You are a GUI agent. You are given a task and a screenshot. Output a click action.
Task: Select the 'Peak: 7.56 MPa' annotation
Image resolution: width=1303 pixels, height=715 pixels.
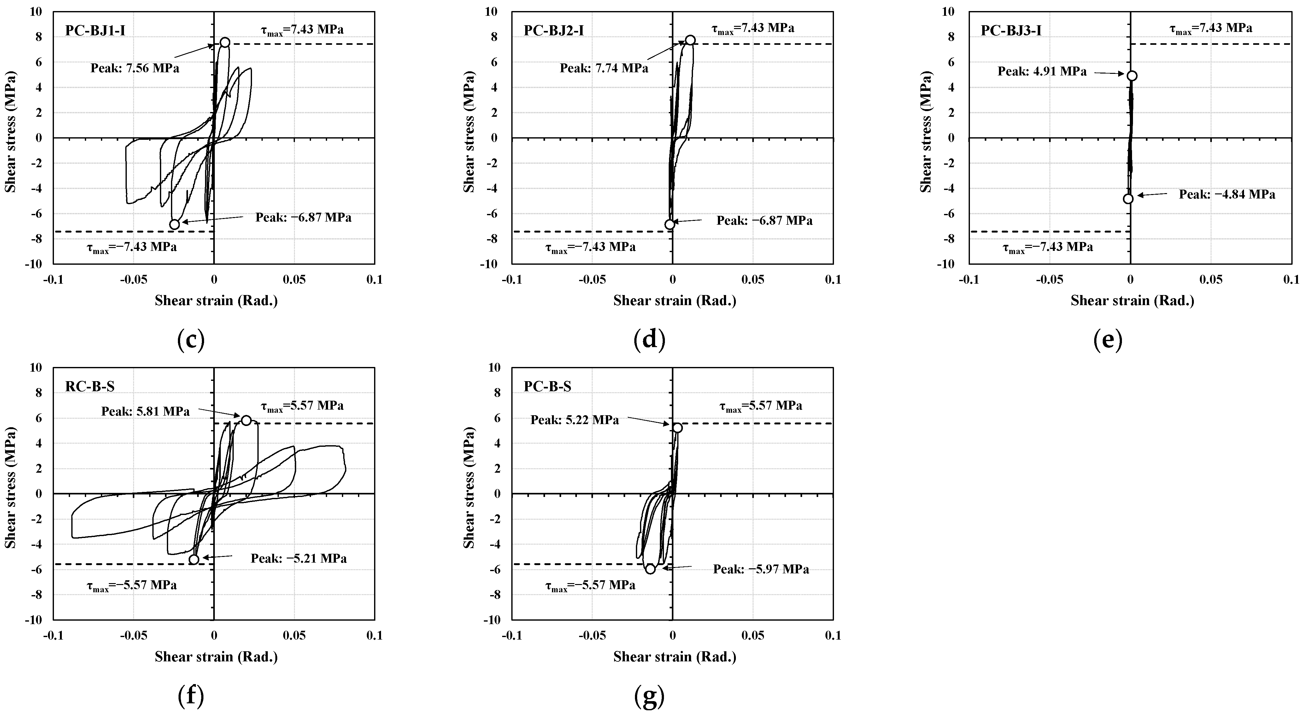[135, 68]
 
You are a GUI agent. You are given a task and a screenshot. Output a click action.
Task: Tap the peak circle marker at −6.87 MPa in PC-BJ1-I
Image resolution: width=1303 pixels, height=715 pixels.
[174, 224]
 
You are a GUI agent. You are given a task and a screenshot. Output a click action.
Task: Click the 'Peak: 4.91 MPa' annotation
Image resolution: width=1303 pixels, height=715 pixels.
[1042, 71]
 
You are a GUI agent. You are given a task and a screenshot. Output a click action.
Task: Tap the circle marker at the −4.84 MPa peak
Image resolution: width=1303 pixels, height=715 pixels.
[1128, 199]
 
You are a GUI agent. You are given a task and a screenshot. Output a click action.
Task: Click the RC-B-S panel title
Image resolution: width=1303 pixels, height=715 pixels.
[90, 387]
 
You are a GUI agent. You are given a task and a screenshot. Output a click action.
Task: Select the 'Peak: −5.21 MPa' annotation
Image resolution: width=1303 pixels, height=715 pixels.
[298, 558]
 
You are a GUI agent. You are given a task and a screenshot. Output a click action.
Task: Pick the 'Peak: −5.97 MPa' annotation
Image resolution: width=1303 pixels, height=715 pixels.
[761, 569]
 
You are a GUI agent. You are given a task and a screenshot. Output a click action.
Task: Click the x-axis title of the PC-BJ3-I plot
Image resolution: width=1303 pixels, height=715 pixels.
[1132, 301]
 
